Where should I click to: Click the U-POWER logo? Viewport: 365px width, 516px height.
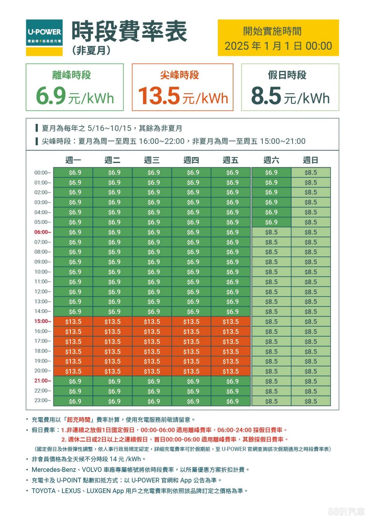coord(44,37)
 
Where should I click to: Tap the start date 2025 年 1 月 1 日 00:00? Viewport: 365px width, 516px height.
coord(278,46)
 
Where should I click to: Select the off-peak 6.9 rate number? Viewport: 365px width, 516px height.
coord(51,95)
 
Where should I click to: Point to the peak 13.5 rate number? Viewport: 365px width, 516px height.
coord(159,95)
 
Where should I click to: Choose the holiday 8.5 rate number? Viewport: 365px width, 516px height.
coord(266,95)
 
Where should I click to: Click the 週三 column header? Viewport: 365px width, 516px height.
coord(152,160)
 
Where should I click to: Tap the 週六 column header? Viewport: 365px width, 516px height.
coord(271,160)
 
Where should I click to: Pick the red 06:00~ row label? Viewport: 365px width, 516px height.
coord(43,232)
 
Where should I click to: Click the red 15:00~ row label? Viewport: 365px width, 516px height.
coord(43,321)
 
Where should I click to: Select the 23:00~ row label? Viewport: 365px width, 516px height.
coord(43,401)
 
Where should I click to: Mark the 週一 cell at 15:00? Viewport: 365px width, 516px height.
coord(73,322)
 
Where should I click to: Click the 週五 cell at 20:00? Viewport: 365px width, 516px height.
coord(231,372)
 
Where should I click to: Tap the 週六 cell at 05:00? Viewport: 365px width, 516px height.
coord(271,222)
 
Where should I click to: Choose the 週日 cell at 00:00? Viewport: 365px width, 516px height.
coord(311,172)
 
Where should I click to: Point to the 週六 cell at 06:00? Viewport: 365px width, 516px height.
coord(271,232)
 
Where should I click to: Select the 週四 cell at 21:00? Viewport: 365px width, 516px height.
coord(191,381)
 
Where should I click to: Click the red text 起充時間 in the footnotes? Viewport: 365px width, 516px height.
coord(79,420)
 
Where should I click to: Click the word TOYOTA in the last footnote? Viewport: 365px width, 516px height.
coord(44,491)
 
